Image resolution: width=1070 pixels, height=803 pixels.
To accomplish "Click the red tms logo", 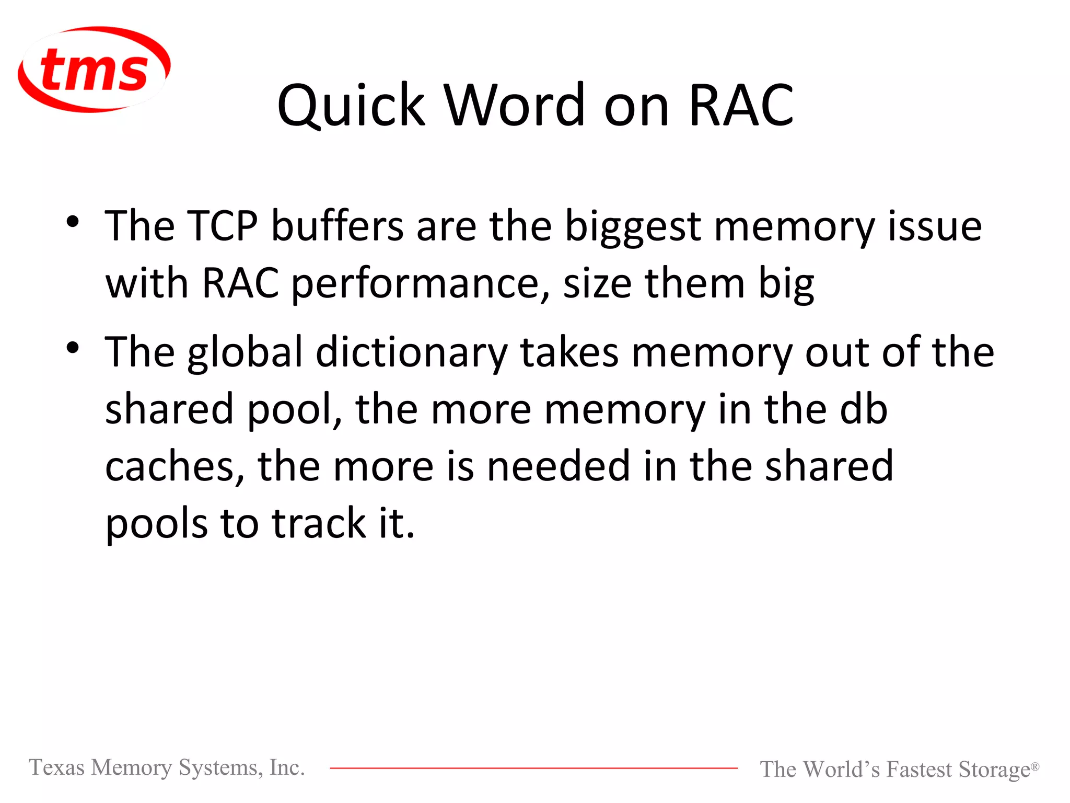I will (x=94, y=70).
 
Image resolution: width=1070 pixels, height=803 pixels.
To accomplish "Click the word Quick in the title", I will (x=351, y=106).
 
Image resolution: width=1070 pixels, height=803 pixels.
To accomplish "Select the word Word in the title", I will (x=515, y=106).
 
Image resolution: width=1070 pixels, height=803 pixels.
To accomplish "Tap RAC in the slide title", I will (x=741, y=106).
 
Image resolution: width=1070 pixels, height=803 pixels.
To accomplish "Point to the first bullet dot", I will (x=73, y=222).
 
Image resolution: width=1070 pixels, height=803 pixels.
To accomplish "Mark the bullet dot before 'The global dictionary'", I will (x=73, y=348).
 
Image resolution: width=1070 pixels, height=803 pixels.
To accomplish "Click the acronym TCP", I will (x=223, y=226).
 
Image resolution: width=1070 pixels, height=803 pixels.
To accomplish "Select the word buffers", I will (x=338, y=226).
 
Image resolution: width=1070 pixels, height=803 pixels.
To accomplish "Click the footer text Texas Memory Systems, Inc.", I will (x=167, y=767).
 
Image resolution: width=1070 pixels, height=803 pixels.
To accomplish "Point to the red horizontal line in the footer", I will (x=533, y=768).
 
